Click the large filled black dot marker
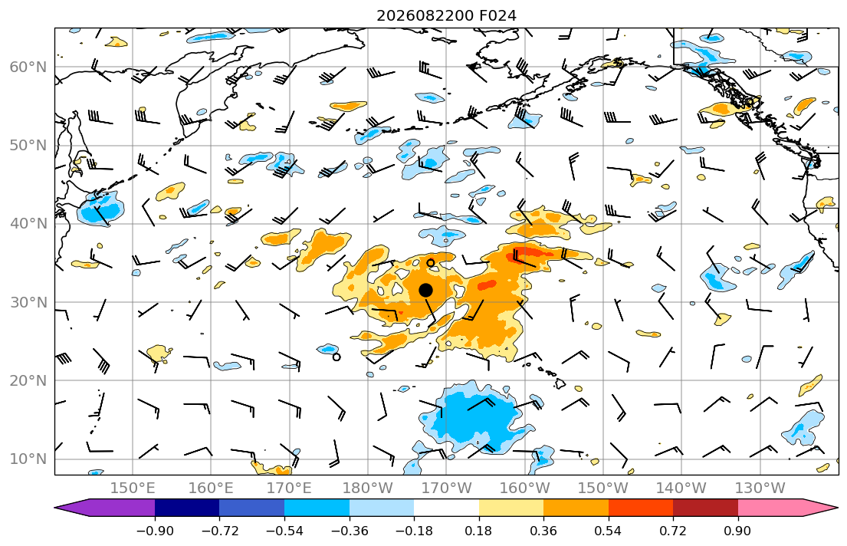coord(425,291)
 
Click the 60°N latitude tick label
coord(28,67)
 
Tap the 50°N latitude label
coord(28,146)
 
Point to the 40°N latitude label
coord(28,224)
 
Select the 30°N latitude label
coord(28,302)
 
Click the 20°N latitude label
coord(28,380)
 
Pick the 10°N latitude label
coord(28,459)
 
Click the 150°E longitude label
coord(133,488)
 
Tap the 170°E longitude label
coord(290,488)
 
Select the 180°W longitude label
coord(368,488)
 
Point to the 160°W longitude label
coord(524,488)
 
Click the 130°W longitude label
coord(760,488)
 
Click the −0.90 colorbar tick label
coord(155,531)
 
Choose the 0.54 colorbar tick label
coord(609,531)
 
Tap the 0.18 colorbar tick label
coord(478,531)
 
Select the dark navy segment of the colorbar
coord(187,508)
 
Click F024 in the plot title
coord(497,15)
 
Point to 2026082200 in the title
coord(425,15)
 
